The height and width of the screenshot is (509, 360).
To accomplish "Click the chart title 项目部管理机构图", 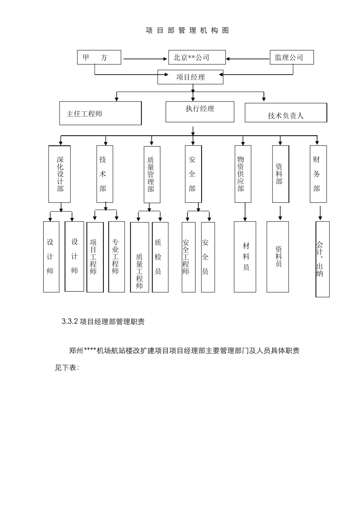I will tap(187, 31).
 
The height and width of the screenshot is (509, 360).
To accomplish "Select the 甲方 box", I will tap(99, 58).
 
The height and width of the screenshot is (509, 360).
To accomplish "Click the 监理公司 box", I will tap(291, 58).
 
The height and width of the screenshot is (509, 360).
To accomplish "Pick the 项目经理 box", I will tap(191, 77).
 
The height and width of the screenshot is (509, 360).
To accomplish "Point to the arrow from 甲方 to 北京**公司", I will tap(145, 59).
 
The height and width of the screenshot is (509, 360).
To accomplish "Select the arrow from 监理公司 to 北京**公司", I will tap(248, 59).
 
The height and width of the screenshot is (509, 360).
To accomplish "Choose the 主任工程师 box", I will tap(100, 113).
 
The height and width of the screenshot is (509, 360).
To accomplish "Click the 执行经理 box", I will tap(200, 112).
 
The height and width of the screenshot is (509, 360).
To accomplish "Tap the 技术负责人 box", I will tap(286, 113).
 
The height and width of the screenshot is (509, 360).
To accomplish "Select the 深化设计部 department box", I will tap(60, 174).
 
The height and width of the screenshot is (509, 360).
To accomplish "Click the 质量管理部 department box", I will tap(152, 175).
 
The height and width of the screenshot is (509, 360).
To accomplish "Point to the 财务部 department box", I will tap(318, 174).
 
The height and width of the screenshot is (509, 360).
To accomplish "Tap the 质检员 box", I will tap(160, 257).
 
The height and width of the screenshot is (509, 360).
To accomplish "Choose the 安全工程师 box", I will tap(188, 257).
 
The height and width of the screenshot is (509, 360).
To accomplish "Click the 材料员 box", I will tap(245, 257).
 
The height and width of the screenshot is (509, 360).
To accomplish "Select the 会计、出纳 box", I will tap(322, 259).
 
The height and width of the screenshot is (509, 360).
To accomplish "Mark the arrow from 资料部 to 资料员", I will tap(280, 213).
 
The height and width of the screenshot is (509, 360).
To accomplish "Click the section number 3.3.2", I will tap(70, 322).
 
